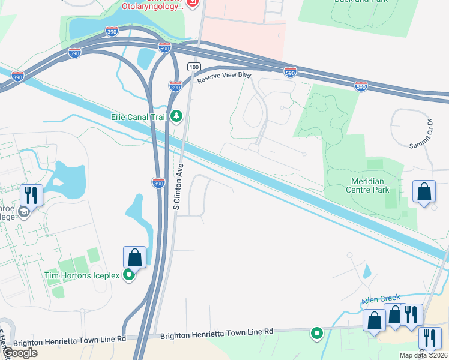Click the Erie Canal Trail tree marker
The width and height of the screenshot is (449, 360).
tap(176, 115)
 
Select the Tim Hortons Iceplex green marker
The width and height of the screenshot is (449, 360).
tap(128, 275)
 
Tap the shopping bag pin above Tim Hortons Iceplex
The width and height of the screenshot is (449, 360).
tap(134, 257)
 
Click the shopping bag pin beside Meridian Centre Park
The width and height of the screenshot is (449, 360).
tap(424, 192)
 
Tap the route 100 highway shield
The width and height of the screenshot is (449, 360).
tap(193, 66)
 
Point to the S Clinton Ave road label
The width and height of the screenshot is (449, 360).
tap(178, 188)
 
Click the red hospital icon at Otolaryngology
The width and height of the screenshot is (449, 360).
tap(192, 4)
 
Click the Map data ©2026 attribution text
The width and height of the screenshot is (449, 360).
tap(423, 355)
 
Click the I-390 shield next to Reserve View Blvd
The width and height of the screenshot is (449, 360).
tap(175, 86)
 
